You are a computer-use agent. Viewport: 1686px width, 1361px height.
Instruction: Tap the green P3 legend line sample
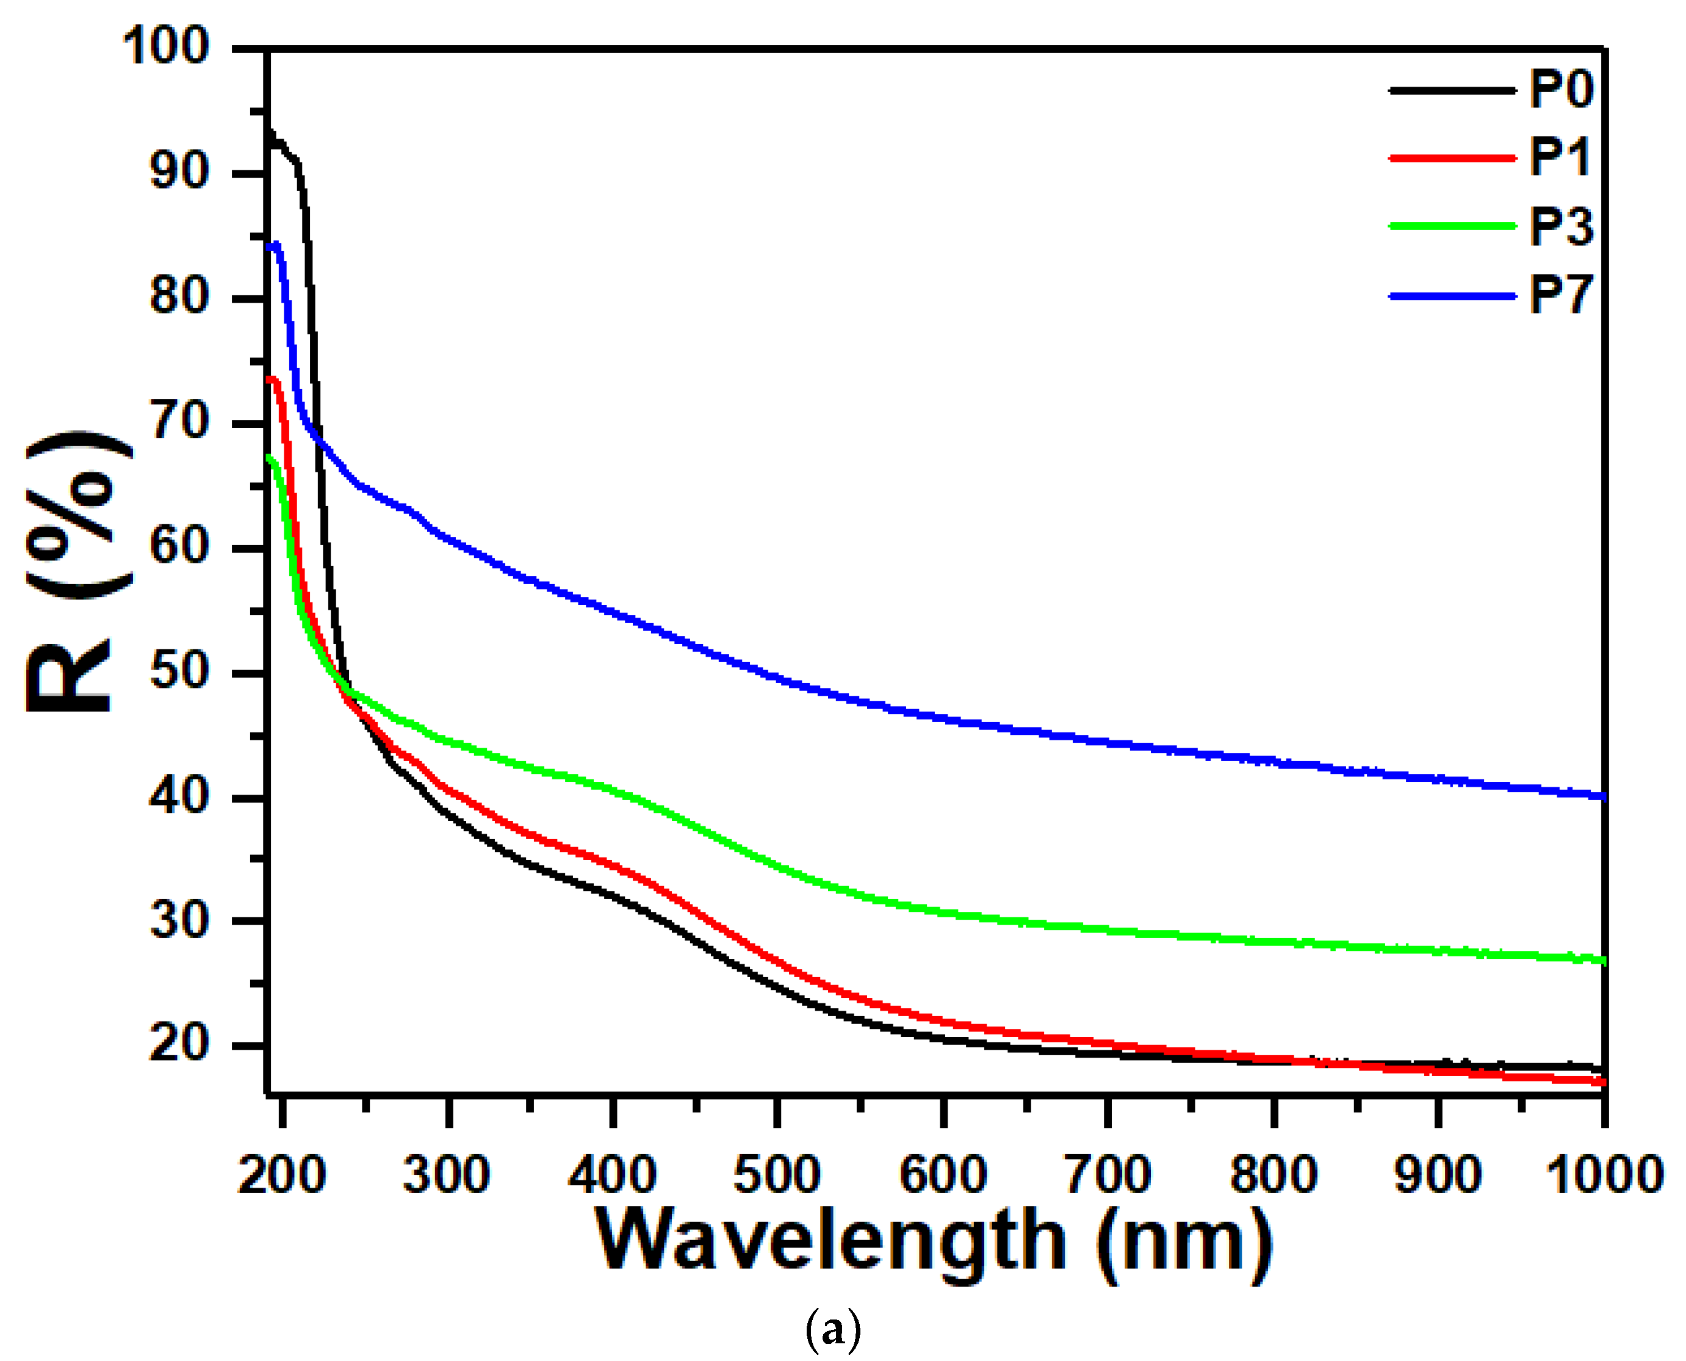click(1452, 226)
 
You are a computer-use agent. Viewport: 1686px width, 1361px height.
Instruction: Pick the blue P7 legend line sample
click(1452, 297)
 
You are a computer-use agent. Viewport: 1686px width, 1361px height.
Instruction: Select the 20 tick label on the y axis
click(179, 1044)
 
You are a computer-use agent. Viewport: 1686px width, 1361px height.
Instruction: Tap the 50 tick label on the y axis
click(179, 672)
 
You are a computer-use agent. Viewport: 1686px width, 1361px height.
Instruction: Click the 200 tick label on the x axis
click(281, 1175)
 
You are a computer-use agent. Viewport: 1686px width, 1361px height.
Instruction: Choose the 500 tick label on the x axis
click(777, 1175)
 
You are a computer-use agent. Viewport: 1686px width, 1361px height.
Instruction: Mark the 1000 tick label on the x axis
click(1604, 1175)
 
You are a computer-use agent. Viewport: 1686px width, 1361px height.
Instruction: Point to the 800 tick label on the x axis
click(1273, 1175)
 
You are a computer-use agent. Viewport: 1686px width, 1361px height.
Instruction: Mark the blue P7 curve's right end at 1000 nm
click(1602, 796)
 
